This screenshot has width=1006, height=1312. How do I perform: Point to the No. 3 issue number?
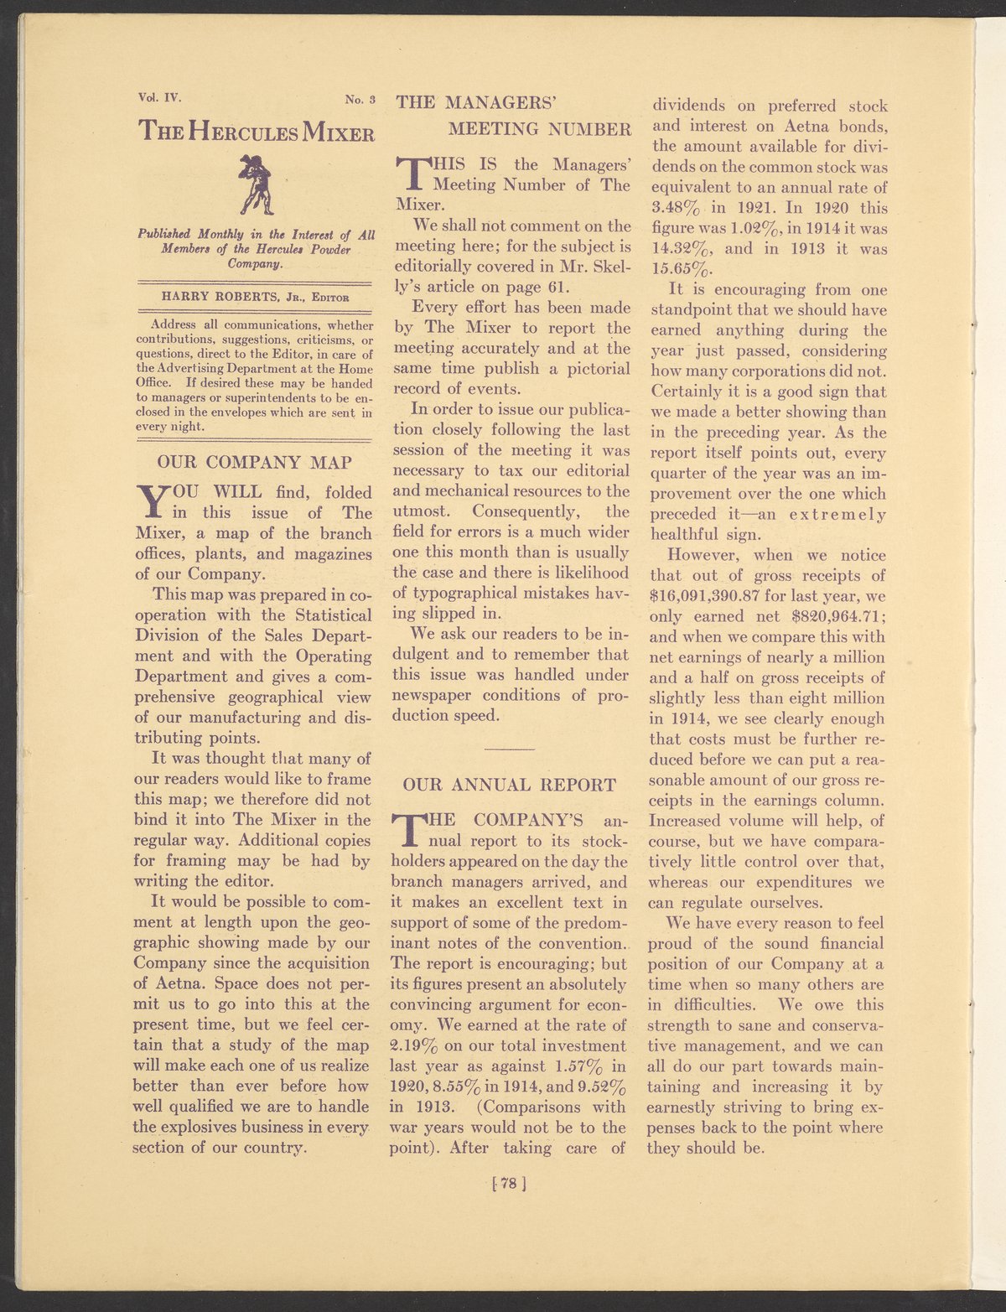pyautogui.click(x=363, y=101)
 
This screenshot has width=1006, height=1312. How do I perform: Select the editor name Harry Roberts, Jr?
pyautogui.click(x=229, y=296)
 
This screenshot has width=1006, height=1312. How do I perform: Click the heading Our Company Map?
pyautogui.click(x=254, y=462)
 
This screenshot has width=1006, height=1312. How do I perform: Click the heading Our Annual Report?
pyautogui.click(x=510, y=785)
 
